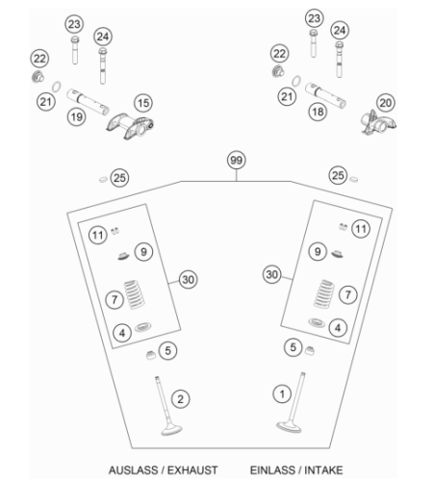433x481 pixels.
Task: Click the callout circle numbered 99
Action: pyautogui.click(x=237, y=160)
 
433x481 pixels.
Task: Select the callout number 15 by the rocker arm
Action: pyautogui.click(x=143, y=103)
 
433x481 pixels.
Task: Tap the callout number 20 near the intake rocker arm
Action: pyautogui.click(x=386, y=103)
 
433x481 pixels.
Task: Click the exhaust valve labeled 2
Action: pyautogui.click(x=167, y=406)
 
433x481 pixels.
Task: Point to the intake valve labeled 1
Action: pyautogui.click(x=292, y=402)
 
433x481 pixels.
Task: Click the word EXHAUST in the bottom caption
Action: pyautogui.click(x=192, y=470)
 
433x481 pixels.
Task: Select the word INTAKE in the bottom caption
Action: pyautogui.click(x=323, y=470)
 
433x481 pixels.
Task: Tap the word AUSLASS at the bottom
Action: pyautogui.click(x=134, y=470)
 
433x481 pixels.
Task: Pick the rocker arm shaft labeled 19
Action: pyautogui.click(x=88, y=101)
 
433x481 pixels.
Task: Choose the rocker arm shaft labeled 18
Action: pyautogui.click(x=325, y=95)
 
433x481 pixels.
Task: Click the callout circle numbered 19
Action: pyautogui.click(x=77, y=117)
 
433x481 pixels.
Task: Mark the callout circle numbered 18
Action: pyautogui.click(x=318, y=112)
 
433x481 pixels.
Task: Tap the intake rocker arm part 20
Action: pyautogui.click(x=378, y=122)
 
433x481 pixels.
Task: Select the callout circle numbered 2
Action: pyautogui.click(x=181, y=399)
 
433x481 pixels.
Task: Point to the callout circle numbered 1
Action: pyautogui.click(x=282, y=393)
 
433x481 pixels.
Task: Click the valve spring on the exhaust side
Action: pyautogui.click(x=135, y=294)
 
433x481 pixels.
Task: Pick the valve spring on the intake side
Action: pyautogui.click(x=324, y=293)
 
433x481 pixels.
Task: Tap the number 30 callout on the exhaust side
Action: pyautogui.click(x=188, y=280)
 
